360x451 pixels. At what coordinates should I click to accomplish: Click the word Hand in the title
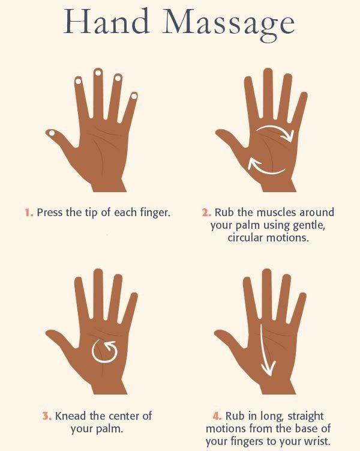[106, 22]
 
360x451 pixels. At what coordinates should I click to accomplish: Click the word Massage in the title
[229, 25]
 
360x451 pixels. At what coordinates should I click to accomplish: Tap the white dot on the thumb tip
[52, 133]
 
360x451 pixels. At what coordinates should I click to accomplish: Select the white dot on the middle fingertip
[98, 73]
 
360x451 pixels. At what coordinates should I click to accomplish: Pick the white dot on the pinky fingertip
[134, 96]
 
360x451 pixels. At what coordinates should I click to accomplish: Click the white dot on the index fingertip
[78, 81]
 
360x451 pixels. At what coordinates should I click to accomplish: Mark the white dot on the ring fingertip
[118, 78]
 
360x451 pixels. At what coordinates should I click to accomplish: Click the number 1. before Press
[29, 213]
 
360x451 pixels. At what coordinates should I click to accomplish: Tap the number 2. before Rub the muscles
[206, 213]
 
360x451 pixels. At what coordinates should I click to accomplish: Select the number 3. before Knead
[47, 416]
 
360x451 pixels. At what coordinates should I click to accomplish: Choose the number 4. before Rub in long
[217, 416]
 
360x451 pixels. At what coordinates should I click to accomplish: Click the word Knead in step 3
[71, 416]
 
